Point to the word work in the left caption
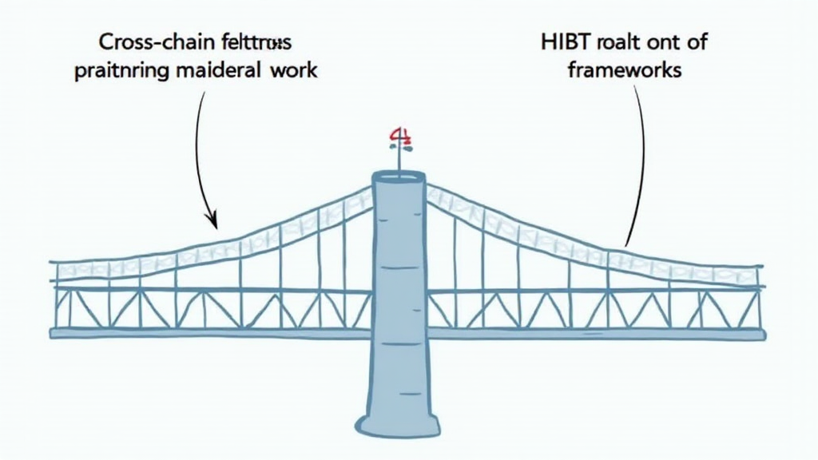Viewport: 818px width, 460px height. (x=294, y=69)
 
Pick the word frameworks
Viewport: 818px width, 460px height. (x=625, y=69)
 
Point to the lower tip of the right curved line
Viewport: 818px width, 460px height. (x=626, y=244)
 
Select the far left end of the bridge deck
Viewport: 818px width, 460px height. (x=53, y=333)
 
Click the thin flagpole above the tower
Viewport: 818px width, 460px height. (x=399, y=160)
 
